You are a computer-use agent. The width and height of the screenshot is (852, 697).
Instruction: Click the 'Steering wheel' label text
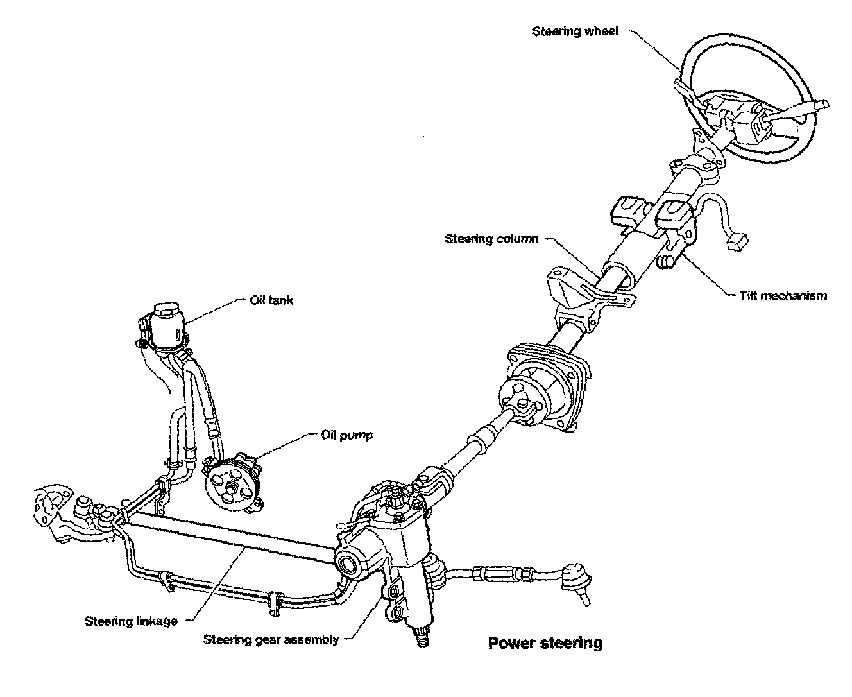[x=575, y=31]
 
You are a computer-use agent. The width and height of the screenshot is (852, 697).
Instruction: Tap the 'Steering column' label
[x=491, y=239]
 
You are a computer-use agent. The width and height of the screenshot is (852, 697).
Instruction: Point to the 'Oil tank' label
[x=271, y=300]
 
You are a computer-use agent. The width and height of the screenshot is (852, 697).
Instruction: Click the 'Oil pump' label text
[x=347, y=435]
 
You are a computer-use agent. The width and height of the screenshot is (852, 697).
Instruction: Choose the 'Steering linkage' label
[x=131, y=621]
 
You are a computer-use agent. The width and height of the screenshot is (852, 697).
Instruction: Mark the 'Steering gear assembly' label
[x=271, y=639]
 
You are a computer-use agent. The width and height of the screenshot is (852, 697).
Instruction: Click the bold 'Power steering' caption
[x=545, y=643]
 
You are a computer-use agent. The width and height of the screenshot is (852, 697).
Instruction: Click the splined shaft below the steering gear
[x=423, y=640]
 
